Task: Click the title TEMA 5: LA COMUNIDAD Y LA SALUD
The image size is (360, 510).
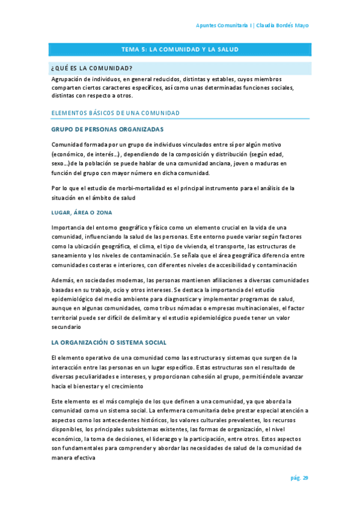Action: [x=180, y=49]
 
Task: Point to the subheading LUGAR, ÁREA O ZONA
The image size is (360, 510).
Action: [x=82, y=212]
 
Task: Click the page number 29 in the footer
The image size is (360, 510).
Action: [x=305, y=478]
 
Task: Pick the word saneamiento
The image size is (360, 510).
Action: [x=70, y=256]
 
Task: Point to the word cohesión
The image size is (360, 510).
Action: [x=222, y=376]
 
